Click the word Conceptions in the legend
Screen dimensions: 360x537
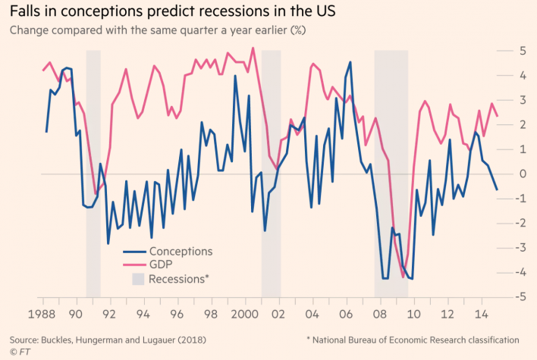coord(181,252)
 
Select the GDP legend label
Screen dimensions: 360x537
coord(162,265)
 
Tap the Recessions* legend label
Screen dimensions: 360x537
coord(179,278)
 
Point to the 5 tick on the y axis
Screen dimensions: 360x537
coord(522,50)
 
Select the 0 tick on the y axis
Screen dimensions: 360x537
coord(522,174)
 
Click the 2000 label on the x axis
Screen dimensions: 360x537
coord(243,312)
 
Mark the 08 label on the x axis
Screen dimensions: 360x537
coord(381,312)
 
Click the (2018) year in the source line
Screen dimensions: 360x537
coord(206,340)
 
